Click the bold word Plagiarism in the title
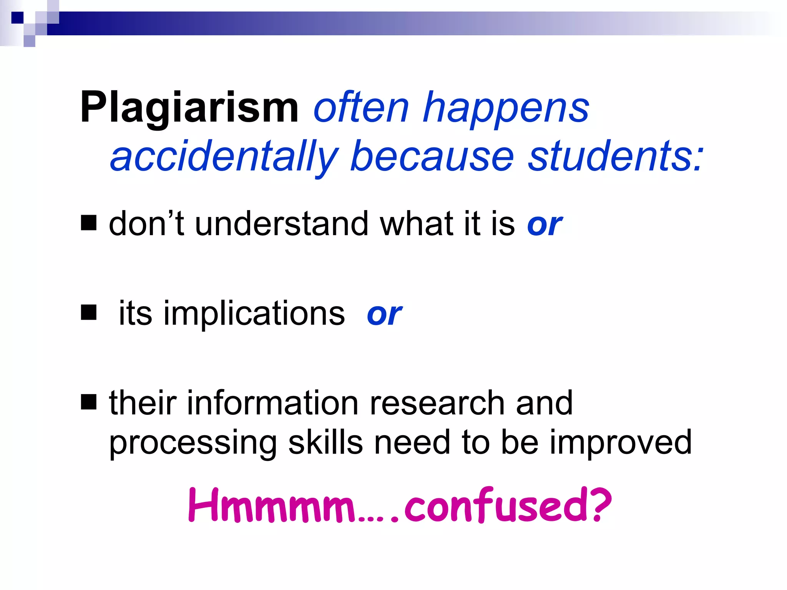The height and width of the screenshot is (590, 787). pyautogui.click(x=189, y=108)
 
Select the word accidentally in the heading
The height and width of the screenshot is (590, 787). pyautogui.click(x=224, y=157)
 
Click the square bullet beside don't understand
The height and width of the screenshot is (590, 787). pyautogui.click(x=89, y=223)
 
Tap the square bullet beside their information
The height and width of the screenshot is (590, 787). pyautogui.click(x=89, y=403)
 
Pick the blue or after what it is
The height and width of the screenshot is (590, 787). pyautogui.click(x=545, y=225)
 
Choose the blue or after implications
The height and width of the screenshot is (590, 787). pyautogui.click(x=384, y=314)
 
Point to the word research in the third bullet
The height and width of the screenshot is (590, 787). pyautogui.click(x=437, y=403)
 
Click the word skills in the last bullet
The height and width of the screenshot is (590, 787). pyautogui.click(x=325, y=442)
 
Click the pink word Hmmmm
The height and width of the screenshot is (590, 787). pyautogui.click(x=272, y=506)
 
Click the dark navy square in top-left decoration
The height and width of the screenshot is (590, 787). pyautogui.click(x=17, y=18)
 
